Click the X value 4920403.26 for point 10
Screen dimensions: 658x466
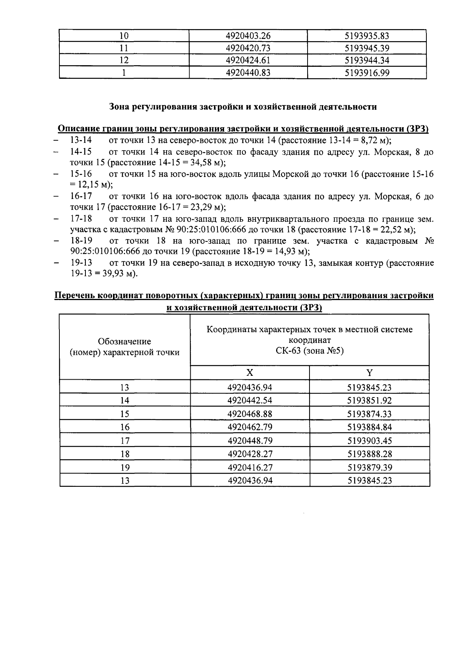coord(248,36)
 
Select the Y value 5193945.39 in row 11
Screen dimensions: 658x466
coord(367,49)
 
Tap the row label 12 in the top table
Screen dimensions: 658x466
coord(124,61)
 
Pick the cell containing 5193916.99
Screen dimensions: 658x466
coord(367,73)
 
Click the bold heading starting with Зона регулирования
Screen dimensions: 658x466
coord(243,107)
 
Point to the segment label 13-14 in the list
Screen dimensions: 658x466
coord(81,140)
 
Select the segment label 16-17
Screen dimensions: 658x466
coord(81,196)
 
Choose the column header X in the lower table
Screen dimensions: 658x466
coord(250,373)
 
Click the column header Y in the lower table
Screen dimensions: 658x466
coord(369,373)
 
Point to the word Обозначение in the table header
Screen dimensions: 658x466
coord(124,341)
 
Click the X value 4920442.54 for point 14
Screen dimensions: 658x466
coord(250,400)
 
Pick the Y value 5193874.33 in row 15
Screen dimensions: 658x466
coord(369,414)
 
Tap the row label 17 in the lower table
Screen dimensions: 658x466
coord(125,441)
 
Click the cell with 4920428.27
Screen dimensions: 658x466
coord(250,454)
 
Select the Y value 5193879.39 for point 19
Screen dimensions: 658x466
coord(369,467)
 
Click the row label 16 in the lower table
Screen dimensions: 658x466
coord(125,427)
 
